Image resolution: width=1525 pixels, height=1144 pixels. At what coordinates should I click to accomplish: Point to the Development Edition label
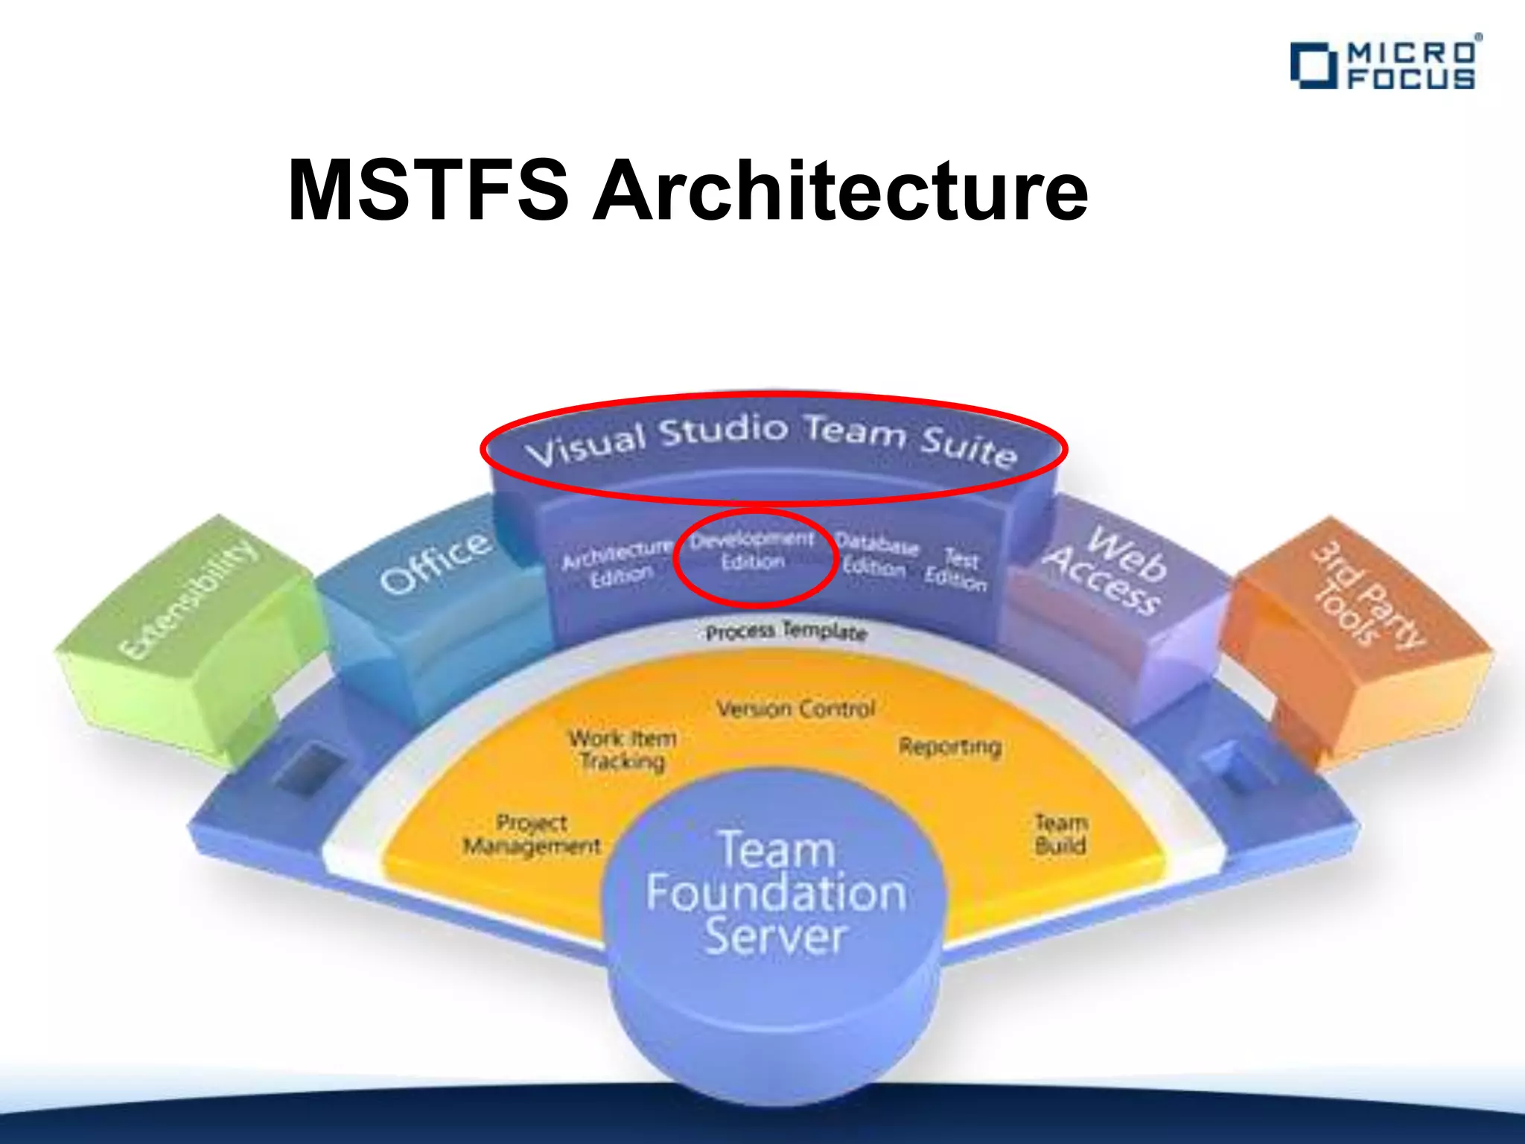pos(752,550)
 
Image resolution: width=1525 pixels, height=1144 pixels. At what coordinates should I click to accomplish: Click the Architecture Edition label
pos(617,564)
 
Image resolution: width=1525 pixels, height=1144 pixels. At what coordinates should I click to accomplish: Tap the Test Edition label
pos(958,569)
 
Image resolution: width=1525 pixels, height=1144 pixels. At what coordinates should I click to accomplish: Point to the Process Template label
pos(786,632)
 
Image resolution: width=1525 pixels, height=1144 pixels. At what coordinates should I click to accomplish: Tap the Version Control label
pos(795,708)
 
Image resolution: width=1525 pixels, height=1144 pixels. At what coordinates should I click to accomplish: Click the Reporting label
pos(949,746)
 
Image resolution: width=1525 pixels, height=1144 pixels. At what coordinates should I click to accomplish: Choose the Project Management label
pos(532,835)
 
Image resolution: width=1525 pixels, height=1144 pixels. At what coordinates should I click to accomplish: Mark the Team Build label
pos(1061,834)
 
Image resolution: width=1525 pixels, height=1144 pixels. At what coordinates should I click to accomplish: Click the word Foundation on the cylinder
pos(776,893)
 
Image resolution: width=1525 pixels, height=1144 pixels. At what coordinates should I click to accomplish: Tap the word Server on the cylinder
pos(776,937)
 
